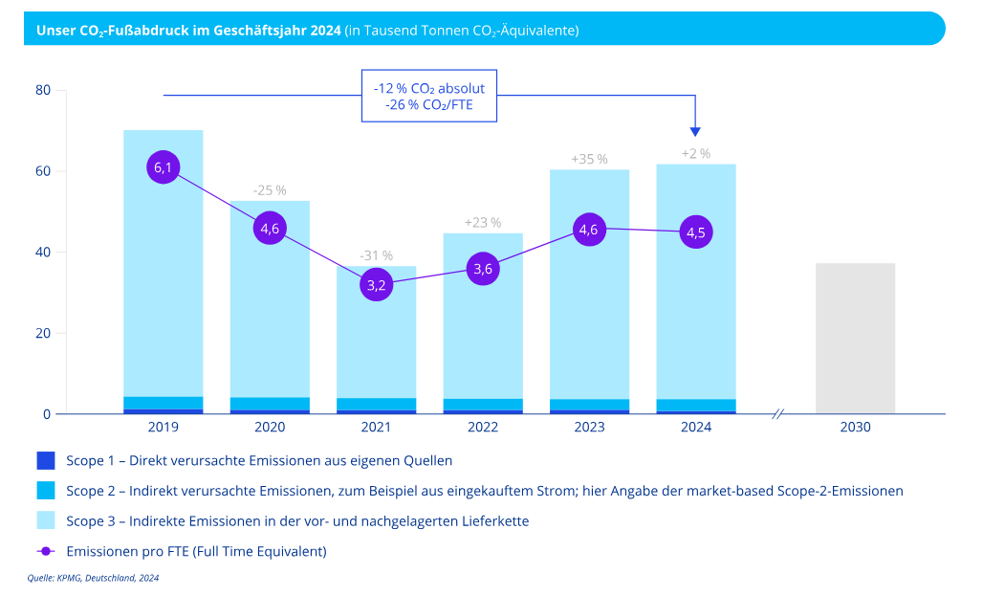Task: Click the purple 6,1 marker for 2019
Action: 164,167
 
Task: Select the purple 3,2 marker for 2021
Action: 377,284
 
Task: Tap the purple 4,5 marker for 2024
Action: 696,232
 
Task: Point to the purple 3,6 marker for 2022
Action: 483,269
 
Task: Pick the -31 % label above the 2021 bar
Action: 377,255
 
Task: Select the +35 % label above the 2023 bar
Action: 589,159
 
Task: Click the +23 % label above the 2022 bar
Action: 483,223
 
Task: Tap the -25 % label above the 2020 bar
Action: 270,190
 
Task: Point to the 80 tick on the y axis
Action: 43,91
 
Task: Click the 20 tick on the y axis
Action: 43,334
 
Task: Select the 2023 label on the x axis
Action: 589,428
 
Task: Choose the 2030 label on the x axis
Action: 855,428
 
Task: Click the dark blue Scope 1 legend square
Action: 45,461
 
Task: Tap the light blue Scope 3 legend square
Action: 45,520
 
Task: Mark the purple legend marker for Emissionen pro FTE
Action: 45,551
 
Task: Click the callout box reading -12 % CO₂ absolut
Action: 429,96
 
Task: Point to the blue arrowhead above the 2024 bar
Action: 695,132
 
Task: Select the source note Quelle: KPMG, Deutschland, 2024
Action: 92,578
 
